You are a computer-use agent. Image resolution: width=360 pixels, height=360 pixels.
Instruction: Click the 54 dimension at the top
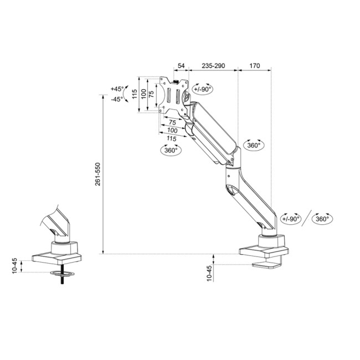(x=181, y=66)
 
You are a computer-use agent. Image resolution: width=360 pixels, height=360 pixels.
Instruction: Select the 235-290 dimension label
(x=213, y=66)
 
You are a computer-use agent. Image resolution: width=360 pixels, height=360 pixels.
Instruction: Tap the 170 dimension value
(x=254, y=66)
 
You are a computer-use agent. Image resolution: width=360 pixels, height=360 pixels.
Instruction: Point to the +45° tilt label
(x=117, y=89)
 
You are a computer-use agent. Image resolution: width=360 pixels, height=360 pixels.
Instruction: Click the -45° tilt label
(x=117, y=99)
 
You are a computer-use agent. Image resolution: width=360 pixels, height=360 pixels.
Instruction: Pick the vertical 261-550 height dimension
(x=98, y=174)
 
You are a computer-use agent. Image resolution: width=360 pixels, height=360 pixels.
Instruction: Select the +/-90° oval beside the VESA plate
(x=203, y=89)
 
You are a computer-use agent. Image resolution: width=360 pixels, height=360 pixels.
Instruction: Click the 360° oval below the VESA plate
(x=171, y=150)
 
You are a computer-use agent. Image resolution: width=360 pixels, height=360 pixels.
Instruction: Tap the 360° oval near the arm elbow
(x=254, y=145)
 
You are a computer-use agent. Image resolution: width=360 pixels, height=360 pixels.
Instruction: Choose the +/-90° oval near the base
(x=291, y=218)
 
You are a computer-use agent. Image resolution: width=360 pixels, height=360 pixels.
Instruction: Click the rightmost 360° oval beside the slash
(x=323, y=218)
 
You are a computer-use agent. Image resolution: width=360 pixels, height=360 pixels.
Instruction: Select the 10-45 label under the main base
(x=209, y=274)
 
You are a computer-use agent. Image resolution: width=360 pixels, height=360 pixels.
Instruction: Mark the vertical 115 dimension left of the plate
(x=134, y=94)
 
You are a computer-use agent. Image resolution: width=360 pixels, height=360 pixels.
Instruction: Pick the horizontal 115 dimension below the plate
(x=171, y=137)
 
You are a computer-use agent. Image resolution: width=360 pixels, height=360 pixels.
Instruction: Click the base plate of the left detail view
(x=57, y=258)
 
